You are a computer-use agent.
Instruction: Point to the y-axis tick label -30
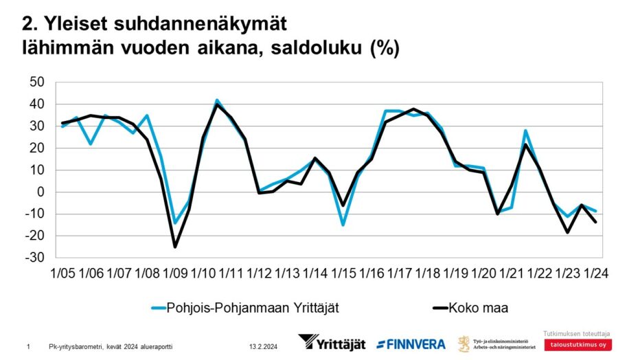[x=34, y=258]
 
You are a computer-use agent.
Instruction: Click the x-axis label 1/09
[x=175, y=273]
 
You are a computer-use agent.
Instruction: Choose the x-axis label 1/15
[x=343, y=273]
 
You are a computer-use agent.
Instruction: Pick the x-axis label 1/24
[x=595, y=273]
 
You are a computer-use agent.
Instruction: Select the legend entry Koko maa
[x=479, y=307]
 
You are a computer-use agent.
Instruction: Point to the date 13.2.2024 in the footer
[x=263, y=346]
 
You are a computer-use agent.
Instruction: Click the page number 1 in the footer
[x=27, y=346]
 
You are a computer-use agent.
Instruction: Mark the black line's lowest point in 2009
[x=175, y=247]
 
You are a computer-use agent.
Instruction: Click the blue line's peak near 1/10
[x=217, y=100]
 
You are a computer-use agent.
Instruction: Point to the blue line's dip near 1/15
[x=343, y=225]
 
